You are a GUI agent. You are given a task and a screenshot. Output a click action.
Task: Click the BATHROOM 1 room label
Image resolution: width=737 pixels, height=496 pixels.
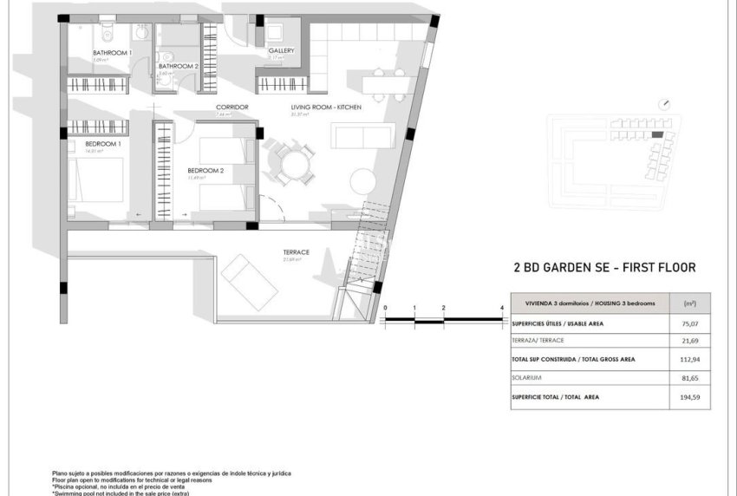click(x=112, y=53)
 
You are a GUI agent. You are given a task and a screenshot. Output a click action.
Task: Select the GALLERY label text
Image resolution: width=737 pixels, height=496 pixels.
click(x=281, y=50)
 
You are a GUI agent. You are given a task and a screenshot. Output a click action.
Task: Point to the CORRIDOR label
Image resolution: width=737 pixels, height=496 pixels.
click(x=232, y=107)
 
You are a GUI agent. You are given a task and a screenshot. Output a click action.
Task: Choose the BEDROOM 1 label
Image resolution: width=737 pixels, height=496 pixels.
click(x=102, y=143)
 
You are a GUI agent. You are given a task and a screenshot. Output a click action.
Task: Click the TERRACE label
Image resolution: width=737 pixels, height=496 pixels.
click(x=296, y=252)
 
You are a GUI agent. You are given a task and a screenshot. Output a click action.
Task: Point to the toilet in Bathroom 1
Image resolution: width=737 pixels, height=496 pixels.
click(x=105, y=32)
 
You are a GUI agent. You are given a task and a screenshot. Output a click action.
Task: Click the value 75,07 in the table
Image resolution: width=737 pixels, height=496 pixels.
click(x=689, y=323)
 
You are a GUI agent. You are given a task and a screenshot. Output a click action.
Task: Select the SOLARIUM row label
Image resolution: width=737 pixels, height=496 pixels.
click(x=530, y=378)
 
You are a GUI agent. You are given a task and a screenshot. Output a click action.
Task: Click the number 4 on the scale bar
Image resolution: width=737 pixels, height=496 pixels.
click(x=503, y=308)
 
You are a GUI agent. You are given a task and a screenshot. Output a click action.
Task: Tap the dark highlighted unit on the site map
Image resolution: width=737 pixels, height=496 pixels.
click(x=657, y=134)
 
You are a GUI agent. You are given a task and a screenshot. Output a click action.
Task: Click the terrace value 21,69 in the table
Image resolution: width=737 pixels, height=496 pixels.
click(x=689, y=342)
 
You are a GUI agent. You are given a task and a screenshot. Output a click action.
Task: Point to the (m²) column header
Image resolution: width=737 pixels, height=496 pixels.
click(x=689, y=304)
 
